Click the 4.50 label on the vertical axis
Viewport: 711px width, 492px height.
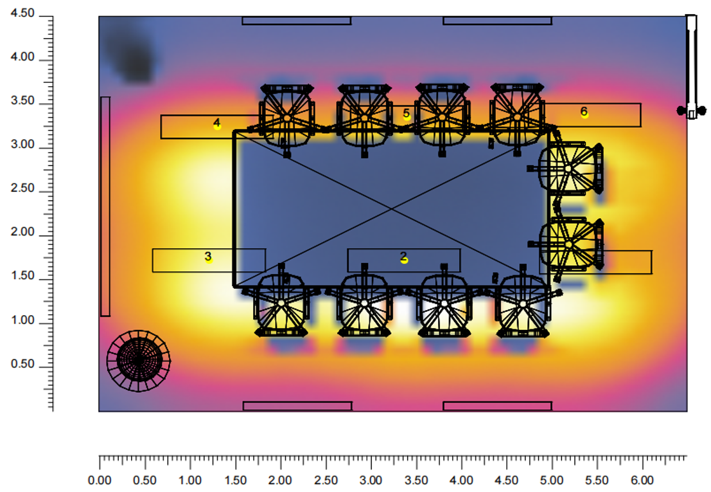[x=22, y=13]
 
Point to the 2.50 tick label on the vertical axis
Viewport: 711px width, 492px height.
[x=22, y=188]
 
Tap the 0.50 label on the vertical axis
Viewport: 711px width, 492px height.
[x=22, y=364]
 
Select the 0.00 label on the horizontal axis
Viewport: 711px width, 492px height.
[x=100, y=480]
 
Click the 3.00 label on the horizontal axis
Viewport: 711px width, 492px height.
[x=371, y=480]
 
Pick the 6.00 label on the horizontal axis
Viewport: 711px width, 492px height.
[x=642, y=480]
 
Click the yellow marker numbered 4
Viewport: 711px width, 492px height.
[x=217, y=126]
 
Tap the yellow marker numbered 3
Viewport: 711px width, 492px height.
[x=209, y=260]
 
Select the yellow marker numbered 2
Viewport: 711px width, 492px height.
[x=404, y=260]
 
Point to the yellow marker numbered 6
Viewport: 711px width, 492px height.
[x=584, y=114]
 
